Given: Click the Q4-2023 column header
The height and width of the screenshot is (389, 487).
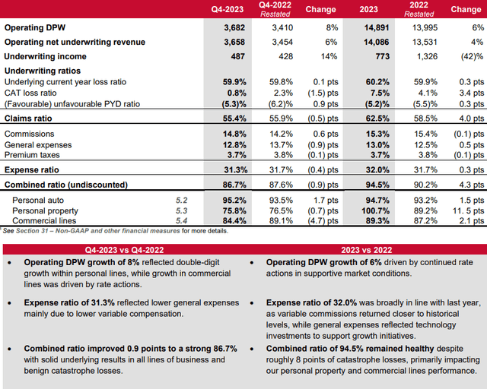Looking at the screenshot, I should click(x=226, y=11).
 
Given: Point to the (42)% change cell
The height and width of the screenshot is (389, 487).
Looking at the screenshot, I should click(x=469, y=56).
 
